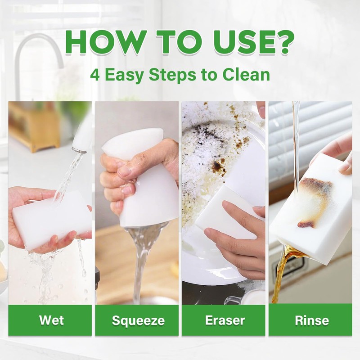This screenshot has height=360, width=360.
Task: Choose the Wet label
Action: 51,320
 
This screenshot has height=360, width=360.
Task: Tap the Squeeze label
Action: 138,320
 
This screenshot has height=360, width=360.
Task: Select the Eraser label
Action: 225,320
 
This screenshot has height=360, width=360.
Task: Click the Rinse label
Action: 311,320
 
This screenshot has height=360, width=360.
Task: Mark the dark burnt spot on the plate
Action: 219,168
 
